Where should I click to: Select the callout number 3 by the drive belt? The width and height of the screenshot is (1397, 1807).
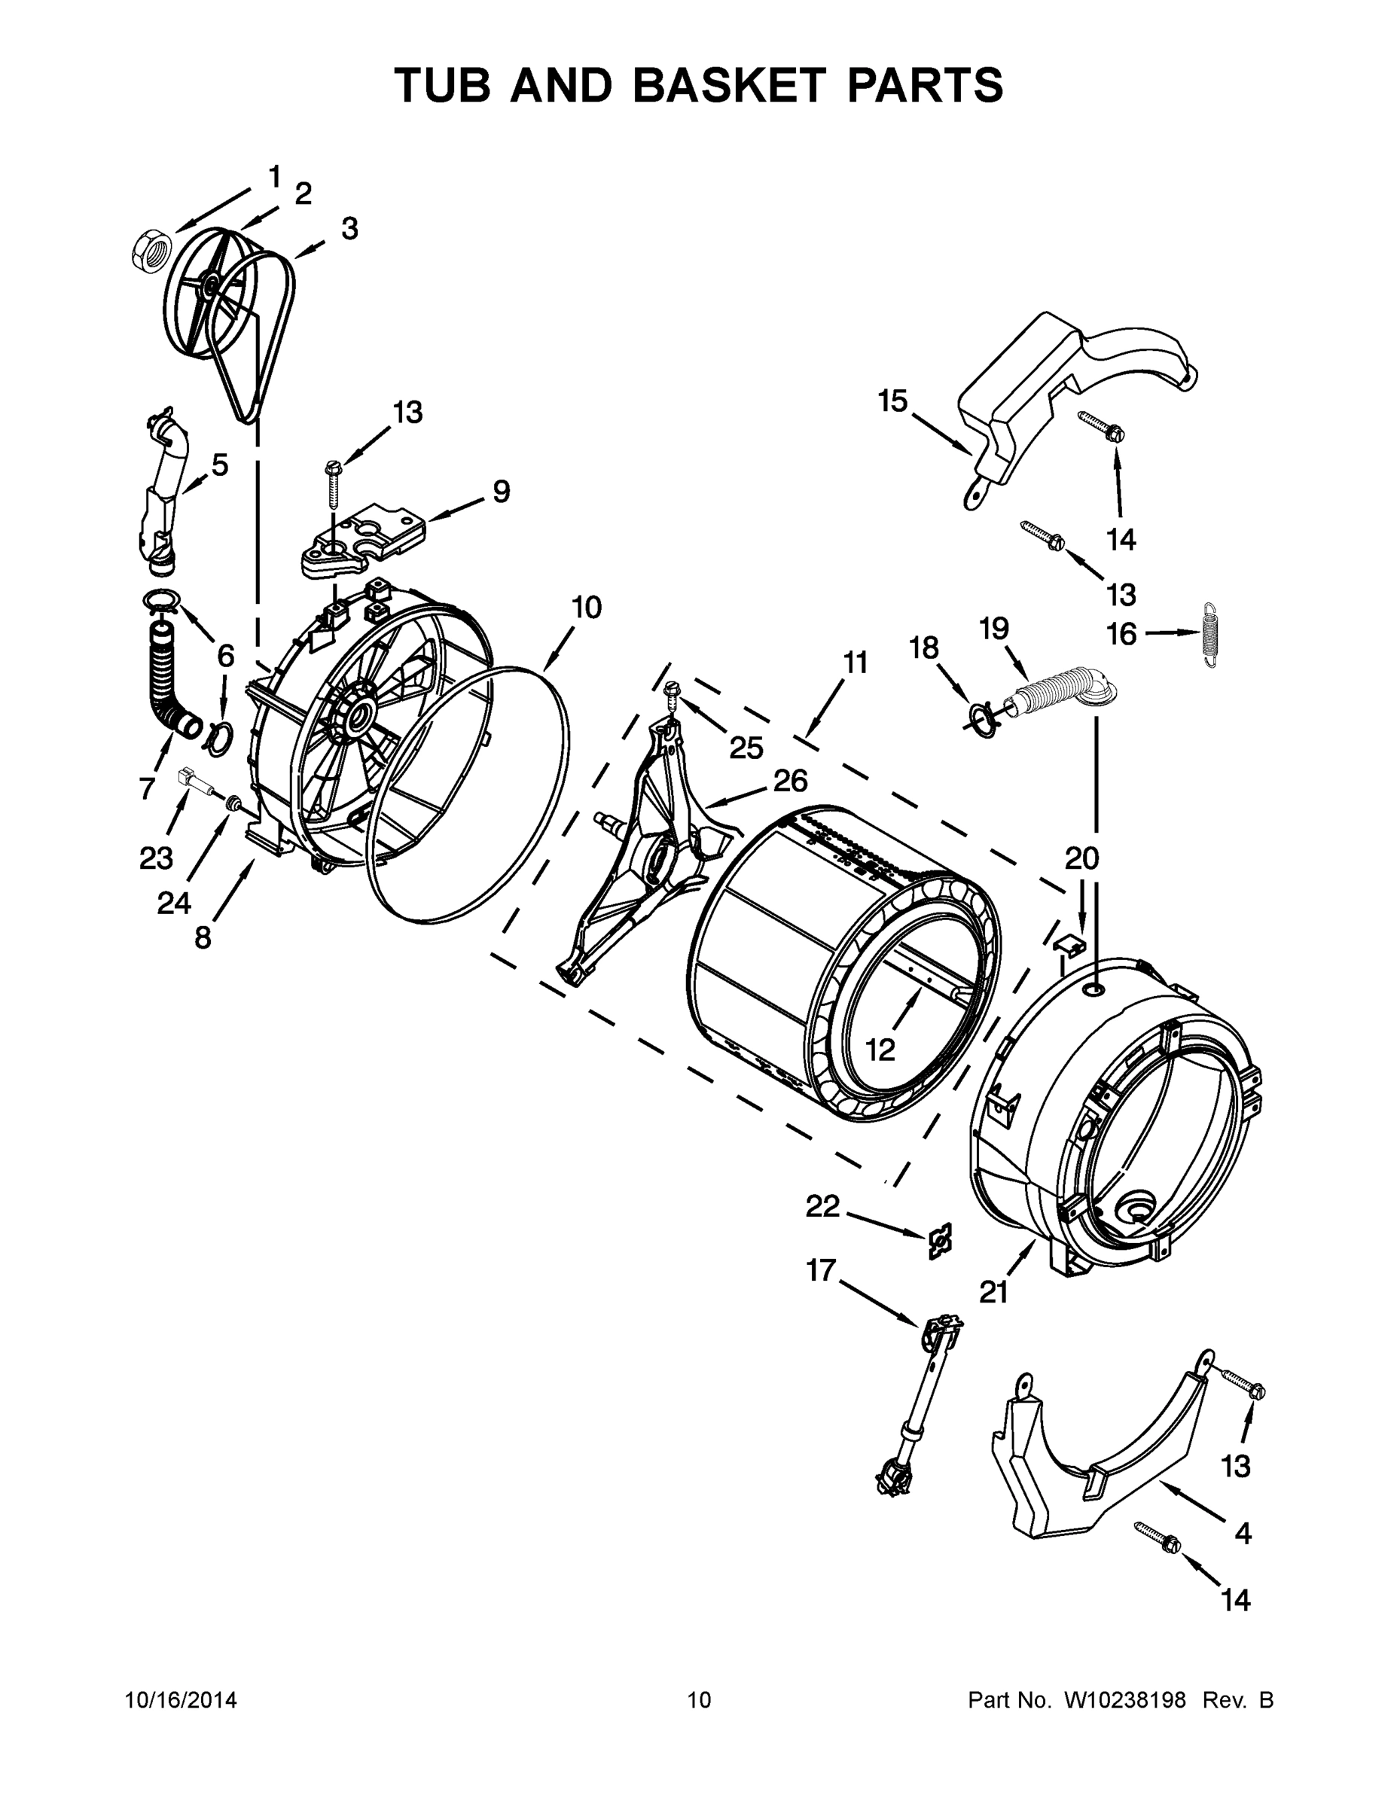pos(349,229)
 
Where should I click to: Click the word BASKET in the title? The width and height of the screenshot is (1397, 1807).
pos(729,85)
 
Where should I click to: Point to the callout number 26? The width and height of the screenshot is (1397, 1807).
pos(789,780)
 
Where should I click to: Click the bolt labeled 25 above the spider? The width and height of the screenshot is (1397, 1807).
pos(673,692)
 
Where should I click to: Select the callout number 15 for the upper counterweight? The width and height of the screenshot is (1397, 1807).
pos(893,401)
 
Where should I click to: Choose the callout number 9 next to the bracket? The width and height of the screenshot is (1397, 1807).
pos(502,492)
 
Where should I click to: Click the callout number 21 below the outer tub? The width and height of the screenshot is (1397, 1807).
pos(993,1292)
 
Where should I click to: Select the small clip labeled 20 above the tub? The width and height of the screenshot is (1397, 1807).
pos(1070,943)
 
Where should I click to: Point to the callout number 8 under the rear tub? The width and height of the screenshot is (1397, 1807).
pos(203,938)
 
